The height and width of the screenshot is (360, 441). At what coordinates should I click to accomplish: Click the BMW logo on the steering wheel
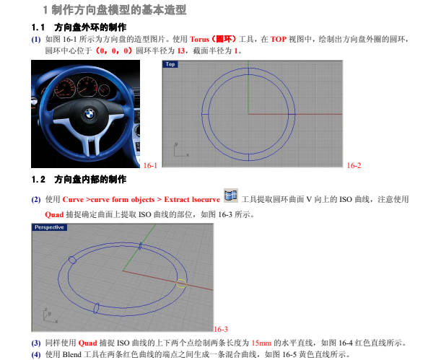89,114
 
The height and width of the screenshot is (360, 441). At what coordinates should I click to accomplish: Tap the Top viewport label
170,64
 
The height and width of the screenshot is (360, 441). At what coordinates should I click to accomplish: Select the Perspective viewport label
49,227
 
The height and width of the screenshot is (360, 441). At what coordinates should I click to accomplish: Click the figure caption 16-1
150,165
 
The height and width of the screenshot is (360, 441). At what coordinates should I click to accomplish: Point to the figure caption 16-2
354,165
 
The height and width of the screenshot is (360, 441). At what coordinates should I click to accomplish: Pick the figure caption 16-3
221,329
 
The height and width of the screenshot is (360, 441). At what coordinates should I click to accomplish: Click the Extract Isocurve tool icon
231,196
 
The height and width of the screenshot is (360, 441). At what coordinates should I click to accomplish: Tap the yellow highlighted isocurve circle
181,284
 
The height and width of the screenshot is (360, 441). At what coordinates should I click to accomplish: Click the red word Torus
199,40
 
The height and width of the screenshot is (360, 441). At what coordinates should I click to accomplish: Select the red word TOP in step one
279,40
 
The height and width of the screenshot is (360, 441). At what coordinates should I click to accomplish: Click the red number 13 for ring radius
181,51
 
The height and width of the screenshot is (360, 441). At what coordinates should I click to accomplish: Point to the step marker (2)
36,200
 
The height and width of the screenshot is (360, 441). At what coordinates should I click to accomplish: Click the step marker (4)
36,355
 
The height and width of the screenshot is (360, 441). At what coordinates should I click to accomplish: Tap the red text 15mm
261,343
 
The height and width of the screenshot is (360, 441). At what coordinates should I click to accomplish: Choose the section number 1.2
38,180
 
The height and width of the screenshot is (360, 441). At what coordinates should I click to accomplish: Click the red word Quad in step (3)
87,343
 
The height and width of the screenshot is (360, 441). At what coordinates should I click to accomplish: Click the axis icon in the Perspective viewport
50,315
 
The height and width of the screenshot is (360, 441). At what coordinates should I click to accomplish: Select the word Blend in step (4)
72,355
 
